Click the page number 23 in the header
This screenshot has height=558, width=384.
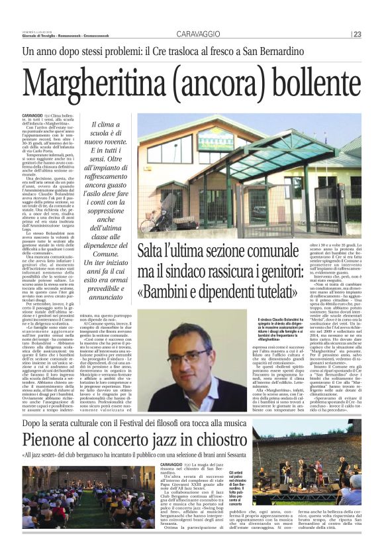pyautogui.click(x=357, y=34)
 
